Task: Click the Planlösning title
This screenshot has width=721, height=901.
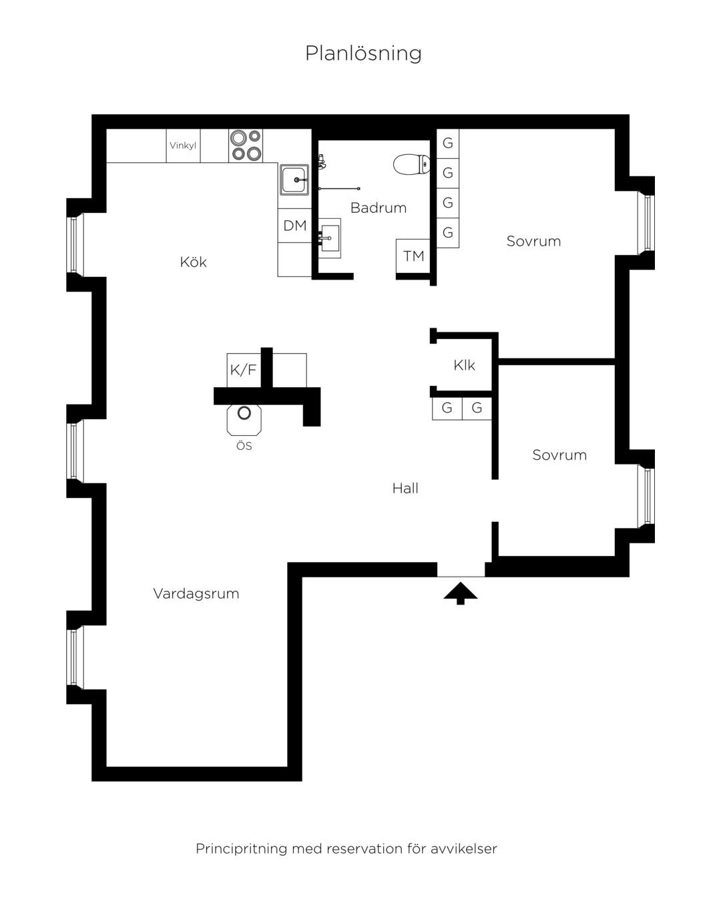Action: point(363,53)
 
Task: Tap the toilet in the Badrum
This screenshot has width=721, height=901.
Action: point(411,164)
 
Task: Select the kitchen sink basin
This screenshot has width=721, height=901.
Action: point(294,179)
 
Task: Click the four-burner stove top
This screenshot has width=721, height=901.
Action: point(246,145)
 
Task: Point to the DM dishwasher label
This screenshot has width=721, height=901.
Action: point(294,226)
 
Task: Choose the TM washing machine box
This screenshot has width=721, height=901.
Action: point(413,256)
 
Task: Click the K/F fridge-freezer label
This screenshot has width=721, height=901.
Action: point(243,370)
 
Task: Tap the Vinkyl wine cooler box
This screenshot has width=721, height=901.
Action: point(183,145)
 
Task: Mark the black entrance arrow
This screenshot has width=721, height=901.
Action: point(460,593)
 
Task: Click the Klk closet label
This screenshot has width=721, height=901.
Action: point(464,365)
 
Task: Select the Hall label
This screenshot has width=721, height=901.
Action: point(405,488)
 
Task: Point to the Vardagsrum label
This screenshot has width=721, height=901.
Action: point(196,593)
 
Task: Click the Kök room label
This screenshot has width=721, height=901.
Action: point(193,262)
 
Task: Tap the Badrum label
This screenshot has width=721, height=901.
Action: point(379,208)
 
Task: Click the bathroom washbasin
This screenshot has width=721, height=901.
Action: point(329,238)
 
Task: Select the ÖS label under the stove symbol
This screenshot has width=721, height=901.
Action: point(244,446)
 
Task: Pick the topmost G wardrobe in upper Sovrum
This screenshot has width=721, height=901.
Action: point(447,143)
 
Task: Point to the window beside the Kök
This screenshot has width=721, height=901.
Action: point(75,245)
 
